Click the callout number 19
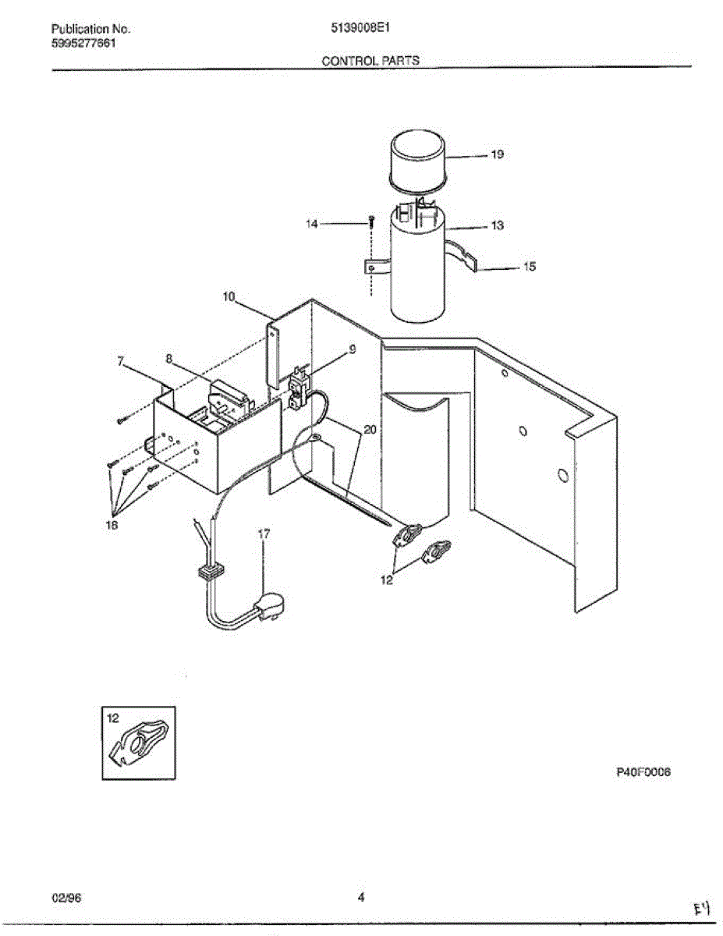tap(497, 154)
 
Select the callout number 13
tap(497, 225)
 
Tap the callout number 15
tap(529, 267)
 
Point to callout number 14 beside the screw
tap(312, 224)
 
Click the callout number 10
tap(229, 296)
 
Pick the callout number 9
tap(352, 350)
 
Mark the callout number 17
tap(264, 534)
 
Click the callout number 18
tap(114, 526)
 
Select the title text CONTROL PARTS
tap(370, 60)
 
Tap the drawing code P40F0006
tap(643, 772)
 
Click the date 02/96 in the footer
tap(66, 897)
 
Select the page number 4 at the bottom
tap(361, 897)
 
